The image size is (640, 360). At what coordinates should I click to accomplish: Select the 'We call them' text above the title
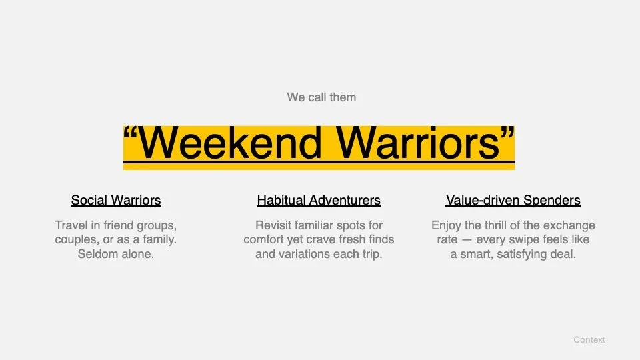321,97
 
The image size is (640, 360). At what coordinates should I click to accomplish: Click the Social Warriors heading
116,200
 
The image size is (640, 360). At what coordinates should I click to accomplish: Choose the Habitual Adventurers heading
319,200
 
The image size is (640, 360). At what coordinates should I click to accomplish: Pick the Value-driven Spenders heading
513,200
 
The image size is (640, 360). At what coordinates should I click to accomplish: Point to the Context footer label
589,340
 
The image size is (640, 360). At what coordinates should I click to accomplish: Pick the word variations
303,255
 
